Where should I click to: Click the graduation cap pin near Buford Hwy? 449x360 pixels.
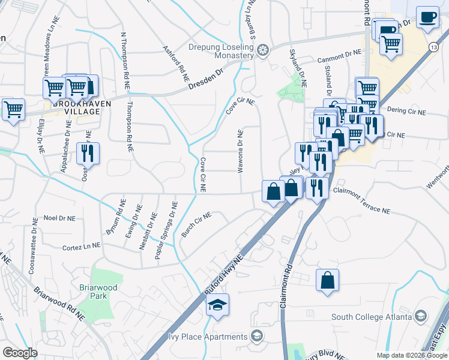click(x=217, y=304)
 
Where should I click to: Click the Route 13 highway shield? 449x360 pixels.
click(x=433, y=46)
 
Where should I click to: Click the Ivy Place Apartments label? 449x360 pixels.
click(x=209, y=335)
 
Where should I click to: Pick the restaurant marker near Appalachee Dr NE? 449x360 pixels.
click(x=88, y=154)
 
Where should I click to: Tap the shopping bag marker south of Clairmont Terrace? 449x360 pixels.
click(x=328, y=280)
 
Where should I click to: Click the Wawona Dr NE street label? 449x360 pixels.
click(x=241, y=151)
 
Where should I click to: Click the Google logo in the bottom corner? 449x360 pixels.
click(x=20, y=353)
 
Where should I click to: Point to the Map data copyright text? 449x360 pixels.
click(x=411, y=355)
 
